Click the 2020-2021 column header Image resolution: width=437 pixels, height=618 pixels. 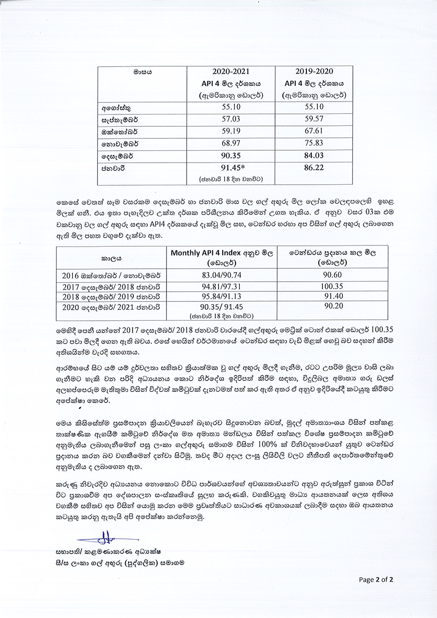(231, 72)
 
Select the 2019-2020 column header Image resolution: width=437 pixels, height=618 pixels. (314, 72)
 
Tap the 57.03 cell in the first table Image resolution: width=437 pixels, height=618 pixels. (231, 119)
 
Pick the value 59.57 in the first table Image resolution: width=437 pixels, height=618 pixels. (314, 119)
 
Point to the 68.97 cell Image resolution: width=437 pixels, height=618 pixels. (231, 143)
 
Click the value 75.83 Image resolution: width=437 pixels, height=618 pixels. (314, 143)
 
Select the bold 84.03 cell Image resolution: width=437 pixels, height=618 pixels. (314, 156)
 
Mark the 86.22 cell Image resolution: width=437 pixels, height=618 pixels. (314, 168)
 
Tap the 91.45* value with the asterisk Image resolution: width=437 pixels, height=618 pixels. (231, 168)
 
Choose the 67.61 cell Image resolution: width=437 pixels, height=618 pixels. (314, 131)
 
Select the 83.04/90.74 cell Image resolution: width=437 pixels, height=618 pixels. (221, 276)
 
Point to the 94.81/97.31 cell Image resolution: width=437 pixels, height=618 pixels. (221, 287)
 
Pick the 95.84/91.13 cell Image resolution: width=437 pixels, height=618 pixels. (221, 297)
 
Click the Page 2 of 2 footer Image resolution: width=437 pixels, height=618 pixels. (376, 580)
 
